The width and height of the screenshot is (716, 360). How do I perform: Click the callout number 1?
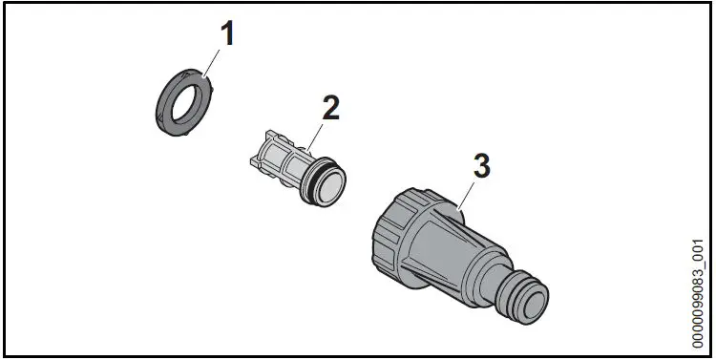pos(228,36)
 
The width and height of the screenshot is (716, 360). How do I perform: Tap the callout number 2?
pos(330,107)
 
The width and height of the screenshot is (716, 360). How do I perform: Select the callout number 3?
pos(482,164)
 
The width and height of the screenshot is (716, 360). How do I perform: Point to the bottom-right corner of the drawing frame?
pos(711,355)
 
